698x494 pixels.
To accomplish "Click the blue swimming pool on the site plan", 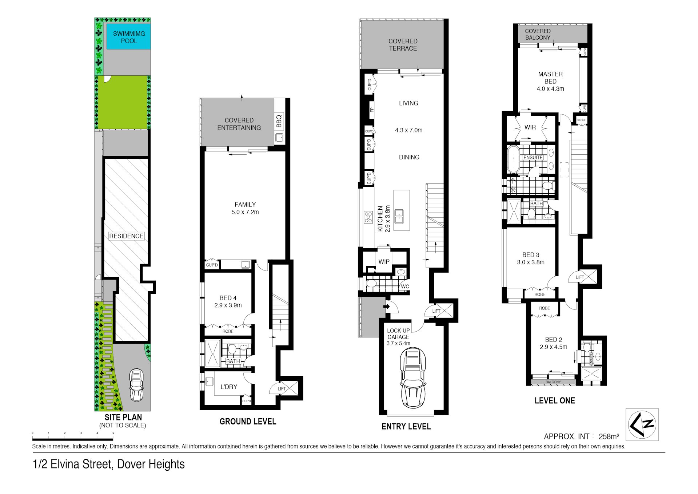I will [x=128, y=37].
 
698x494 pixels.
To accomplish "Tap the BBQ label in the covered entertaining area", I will [x=279, y=121].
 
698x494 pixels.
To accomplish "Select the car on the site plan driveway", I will [x=136, y=385].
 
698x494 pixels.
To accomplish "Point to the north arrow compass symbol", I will [x=642, y=424].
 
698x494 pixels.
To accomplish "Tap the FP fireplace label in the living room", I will [x=371, y=109].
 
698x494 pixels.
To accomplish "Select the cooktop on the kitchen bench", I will [x=368, y=217].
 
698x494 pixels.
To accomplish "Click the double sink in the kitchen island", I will [x=399, y=216].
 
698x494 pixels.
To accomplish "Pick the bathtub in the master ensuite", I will [x=513, y=159].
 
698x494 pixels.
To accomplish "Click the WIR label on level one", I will [x=530, y=127].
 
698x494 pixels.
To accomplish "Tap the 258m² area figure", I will [x=609, y=436].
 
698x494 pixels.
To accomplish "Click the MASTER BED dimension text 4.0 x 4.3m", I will [x=550, y=89].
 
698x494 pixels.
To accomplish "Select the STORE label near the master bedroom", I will [x=581, y=120].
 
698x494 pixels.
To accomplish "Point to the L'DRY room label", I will [x=228, y=387].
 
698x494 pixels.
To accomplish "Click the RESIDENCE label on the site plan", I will [x=126, y=236].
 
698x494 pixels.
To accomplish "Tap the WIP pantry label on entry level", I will [x=384, y=262].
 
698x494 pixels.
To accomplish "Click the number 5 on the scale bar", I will [x=113, y=433].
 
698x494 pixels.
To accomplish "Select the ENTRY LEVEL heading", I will [x=406, y=426].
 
